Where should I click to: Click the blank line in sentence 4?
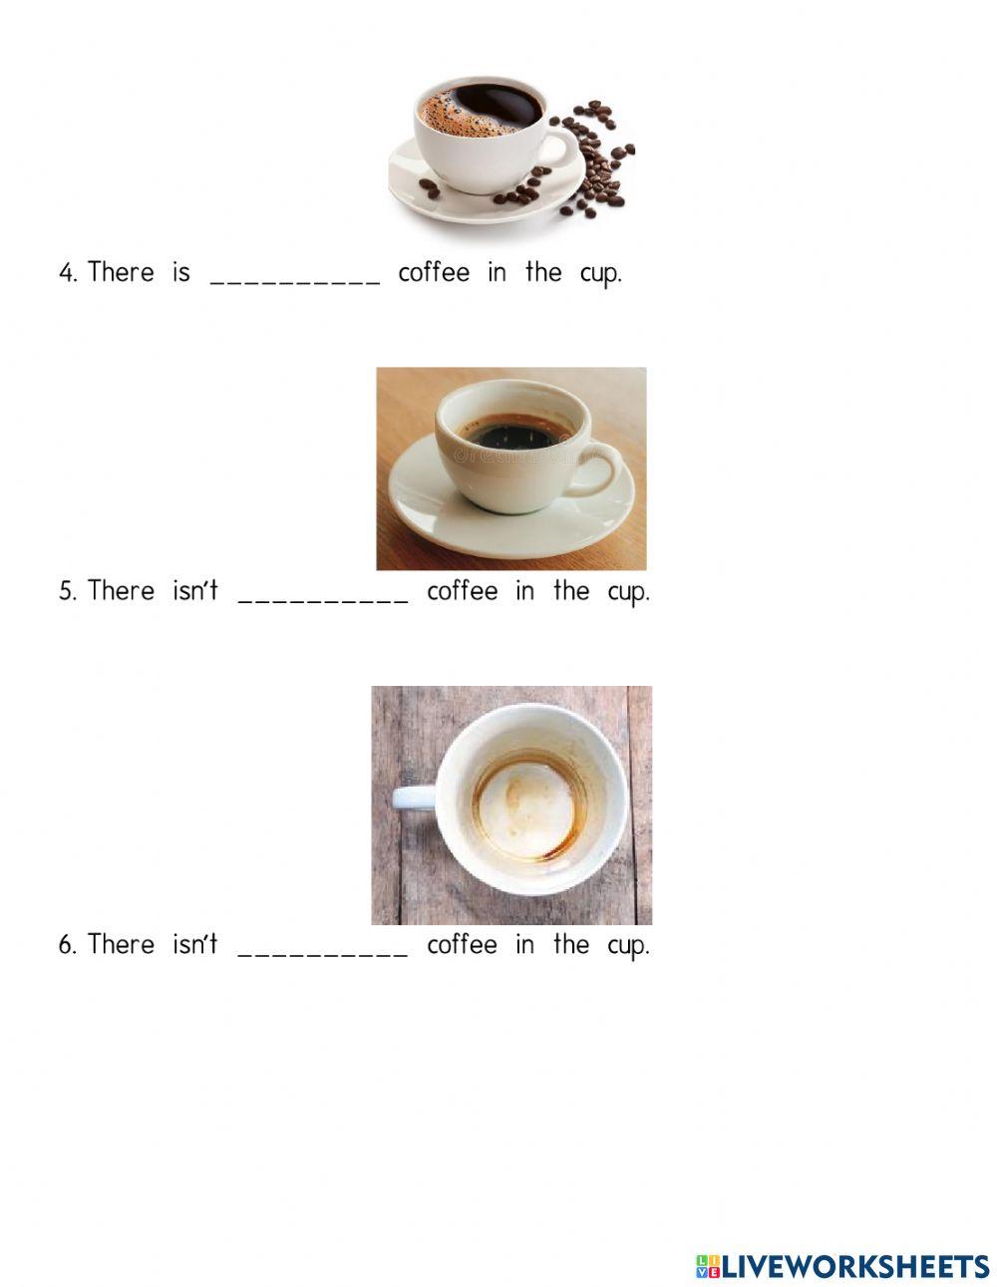point(295,279)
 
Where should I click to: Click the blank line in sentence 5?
point(323,598)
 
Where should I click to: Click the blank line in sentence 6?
point(323,951)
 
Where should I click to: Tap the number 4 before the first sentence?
point(67,273)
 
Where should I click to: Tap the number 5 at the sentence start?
point(67,592)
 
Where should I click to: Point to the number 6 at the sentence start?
point(67,945)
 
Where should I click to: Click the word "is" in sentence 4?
point(180,272)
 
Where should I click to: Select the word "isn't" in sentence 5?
point(194,590)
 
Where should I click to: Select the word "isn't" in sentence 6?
point(194,943)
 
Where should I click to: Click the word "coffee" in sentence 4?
point(434,272)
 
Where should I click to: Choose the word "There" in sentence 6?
point(122,943)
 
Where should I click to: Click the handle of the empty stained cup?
point(412,797)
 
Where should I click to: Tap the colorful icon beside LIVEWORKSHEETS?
point(707,1266)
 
